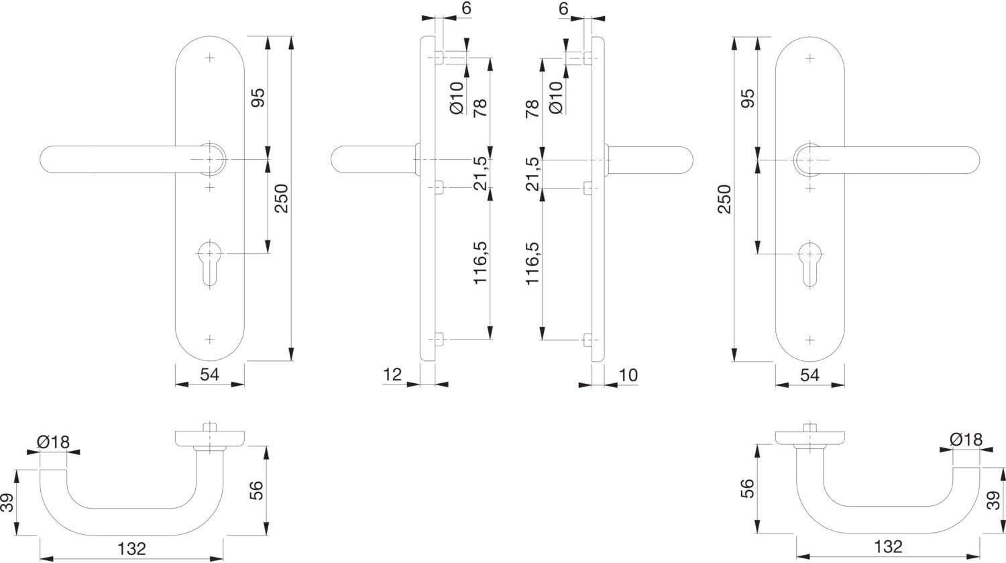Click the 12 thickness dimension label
coord(392,374)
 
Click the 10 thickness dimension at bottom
coord(628,375)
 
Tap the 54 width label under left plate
coord(210,374)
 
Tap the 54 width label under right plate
coord(809,374)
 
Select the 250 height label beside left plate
coord(282,198)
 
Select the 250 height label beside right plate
coord(724,199)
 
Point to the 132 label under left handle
coord(132,549)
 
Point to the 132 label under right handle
coord(889,547)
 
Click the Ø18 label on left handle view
coord(54,442)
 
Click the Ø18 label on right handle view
coord(966,440)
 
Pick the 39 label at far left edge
coord(7,503)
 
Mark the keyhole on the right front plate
coord(809,264)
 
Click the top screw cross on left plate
coord(210,58)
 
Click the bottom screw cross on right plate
coord(809,340)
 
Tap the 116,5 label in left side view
coord(480,263)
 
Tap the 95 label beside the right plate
coord(748,98)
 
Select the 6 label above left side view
coord(467,8)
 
